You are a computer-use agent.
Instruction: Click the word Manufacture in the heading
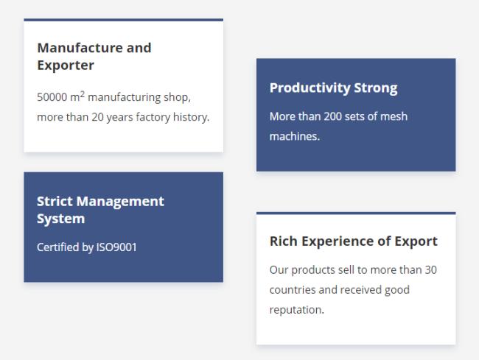point(80,48)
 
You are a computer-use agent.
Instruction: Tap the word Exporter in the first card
point(66,66)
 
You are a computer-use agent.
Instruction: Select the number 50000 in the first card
point(52,97)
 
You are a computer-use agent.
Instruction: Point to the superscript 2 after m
point(83,94)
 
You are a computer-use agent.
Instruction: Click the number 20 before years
point(97,117)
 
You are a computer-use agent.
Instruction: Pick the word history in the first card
point(192,117)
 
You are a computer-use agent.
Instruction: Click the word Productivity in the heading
point(310,88)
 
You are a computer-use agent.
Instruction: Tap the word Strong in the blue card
point(376,88)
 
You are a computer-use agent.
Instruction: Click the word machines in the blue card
point(295,136)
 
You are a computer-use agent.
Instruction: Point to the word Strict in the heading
point(55,202)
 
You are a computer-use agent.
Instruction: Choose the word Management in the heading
point(120,202)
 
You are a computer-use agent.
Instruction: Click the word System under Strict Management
point(60,219)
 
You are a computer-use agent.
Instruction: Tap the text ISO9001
point(116,247)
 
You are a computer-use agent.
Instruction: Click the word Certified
point(57,247)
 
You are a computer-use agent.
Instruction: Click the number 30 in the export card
point(431,270)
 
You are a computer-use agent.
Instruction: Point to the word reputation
point(297,310)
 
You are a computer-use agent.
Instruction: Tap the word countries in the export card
point(293,290)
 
